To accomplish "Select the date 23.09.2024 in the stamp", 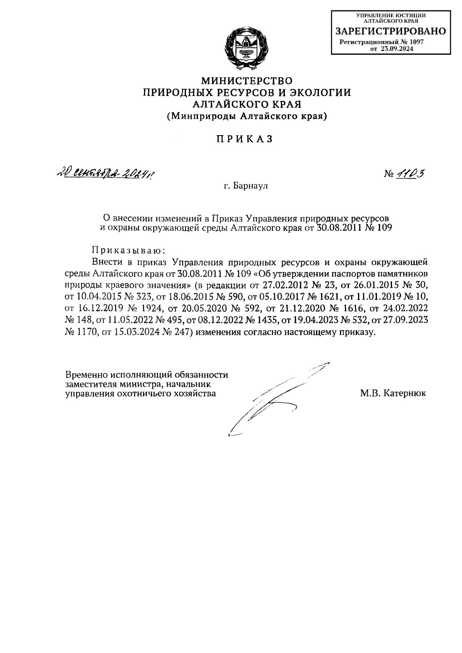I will [397, 49].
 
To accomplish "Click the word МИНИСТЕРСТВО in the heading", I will [247, 81].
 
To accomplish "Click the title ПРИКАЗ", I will [244, 139].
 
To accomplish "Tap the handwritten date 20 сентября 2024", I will [108, 174].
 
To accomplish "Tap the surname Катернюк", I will [404, 393].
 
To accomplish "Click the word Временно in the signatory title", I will [87, 375].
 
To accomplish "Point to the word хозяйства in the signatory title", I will [194, 393].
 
